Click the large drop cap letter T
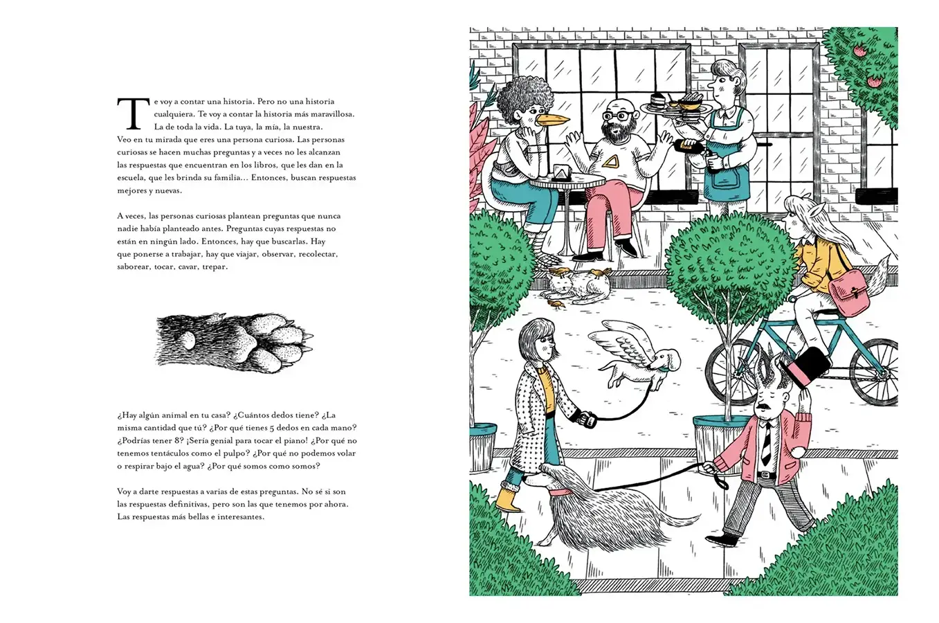click(134, 114)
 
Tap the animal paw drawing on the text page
click(235, 343)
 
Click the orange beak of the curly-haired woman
click(552, 120)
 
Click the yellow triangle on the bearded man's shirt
click(613, 161)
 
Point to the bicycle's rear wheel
click(876, 371)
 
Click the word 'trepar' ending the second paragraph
click(215, 267)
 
